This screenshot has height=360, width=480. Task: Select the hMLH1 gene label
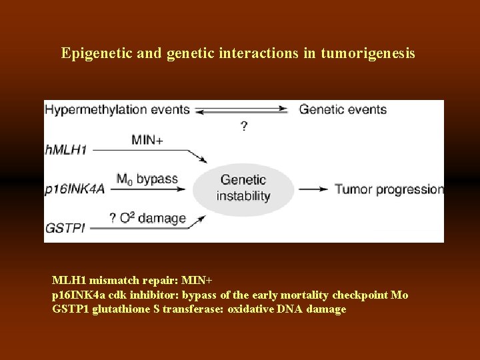tap(66, 150)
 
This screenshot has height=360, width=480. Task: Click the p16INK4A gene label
tap(75, 190)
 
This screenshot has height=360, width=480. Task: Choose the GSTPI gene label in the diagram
tap(65, 229)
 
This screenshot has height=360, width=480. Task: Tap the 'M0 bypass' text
tap(147, 179)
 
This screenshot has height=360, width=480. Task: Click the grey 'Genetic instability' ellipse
tap(243, 188)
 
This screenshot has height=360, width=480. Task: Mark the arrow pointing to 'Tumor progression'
tap(313, 189)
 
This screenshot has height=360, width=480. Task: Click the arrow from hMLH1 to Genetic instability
tap(150, 151)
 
